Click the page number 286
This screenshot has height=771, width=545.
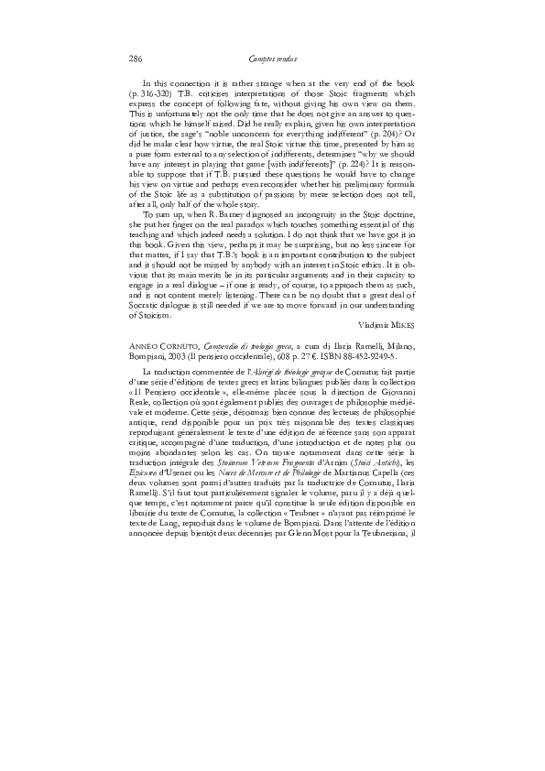click(x=136, y=60)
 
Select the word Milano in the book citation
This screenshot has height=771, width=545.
click(x=400, y=364)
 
